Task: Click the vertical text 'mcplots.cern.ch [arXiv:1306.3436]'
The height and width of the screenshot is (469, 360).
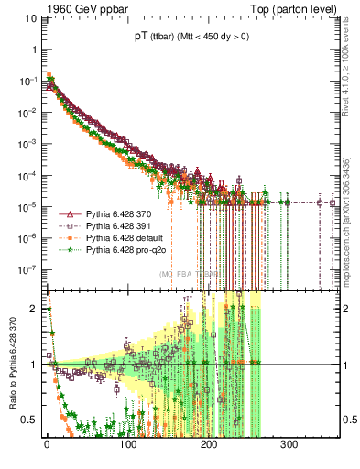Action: [350, 215]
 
